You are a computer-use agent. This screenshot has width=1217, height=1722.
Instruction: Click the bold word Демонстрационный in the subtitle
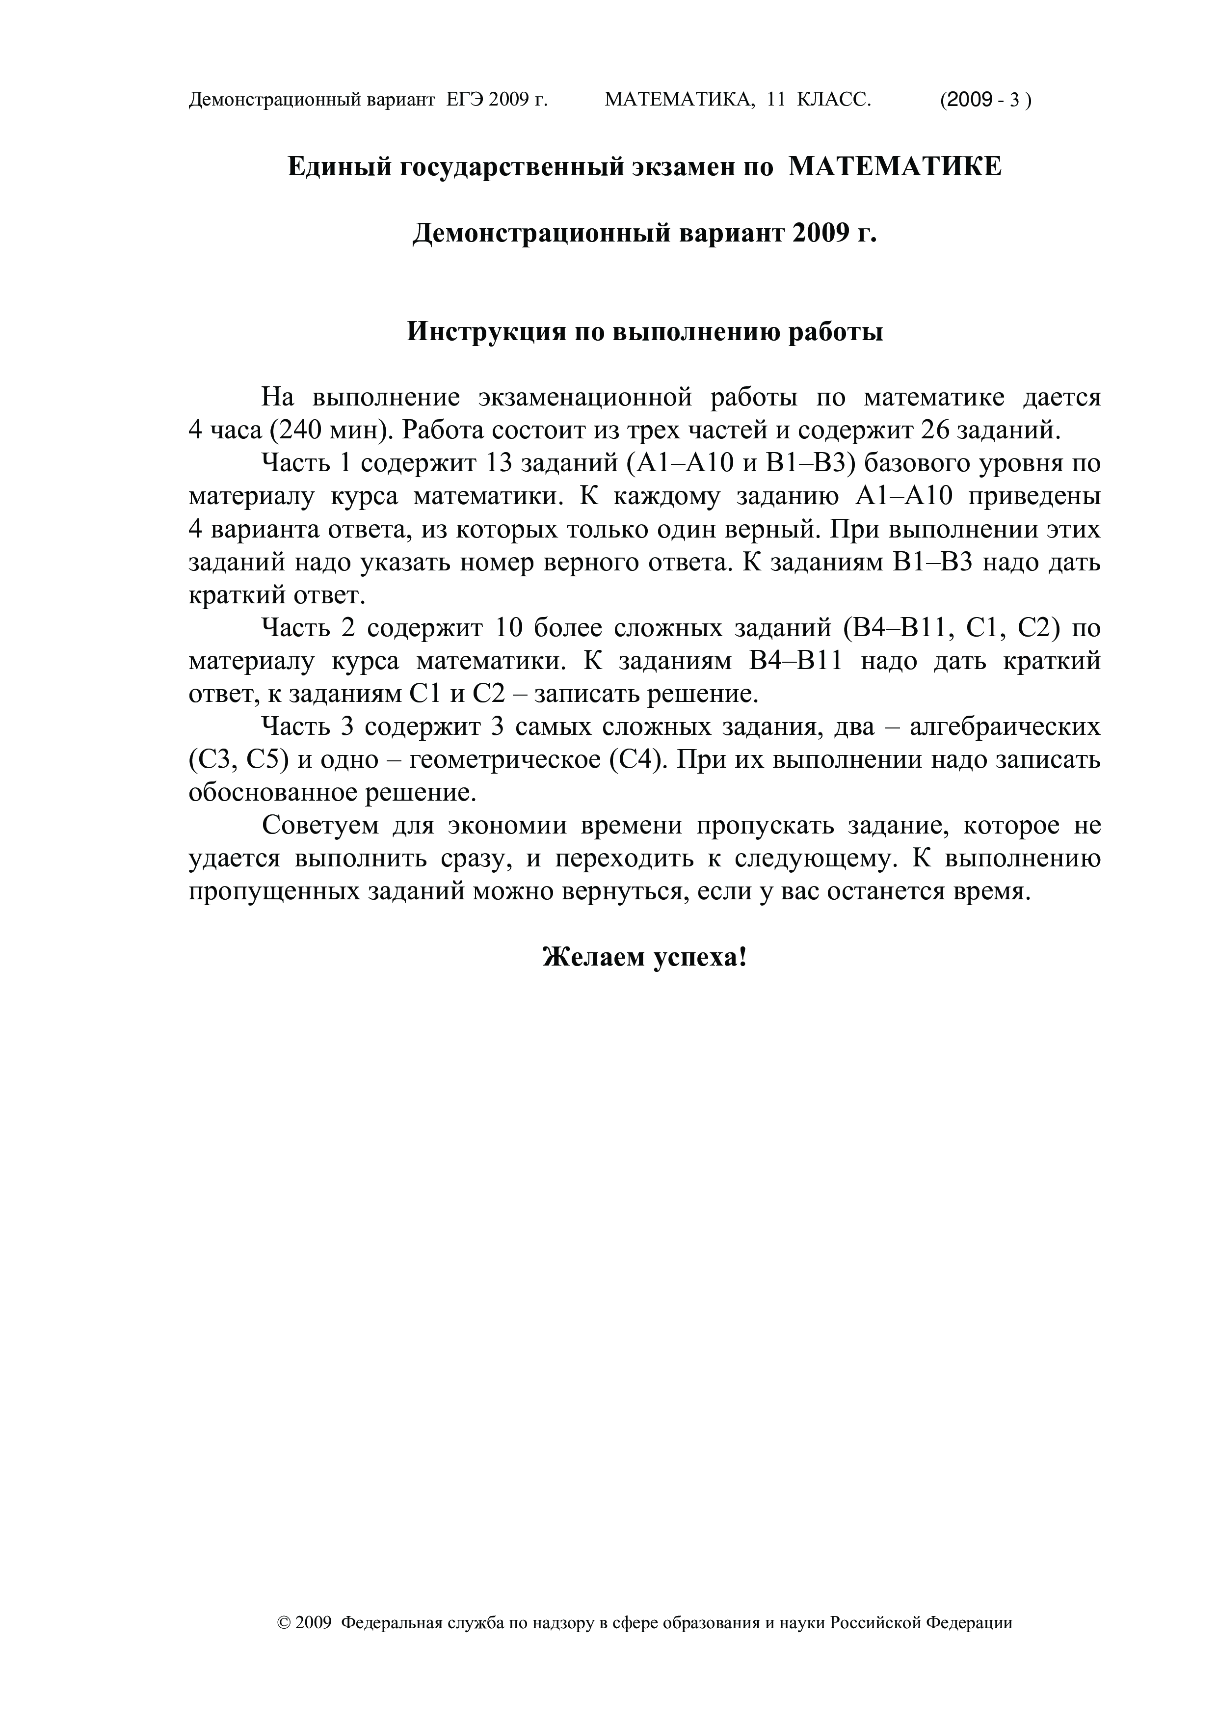(x=543, y=234)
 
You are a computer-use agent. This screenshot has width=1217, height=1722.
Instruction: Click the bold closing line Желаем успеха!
(x=645, y=957)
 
